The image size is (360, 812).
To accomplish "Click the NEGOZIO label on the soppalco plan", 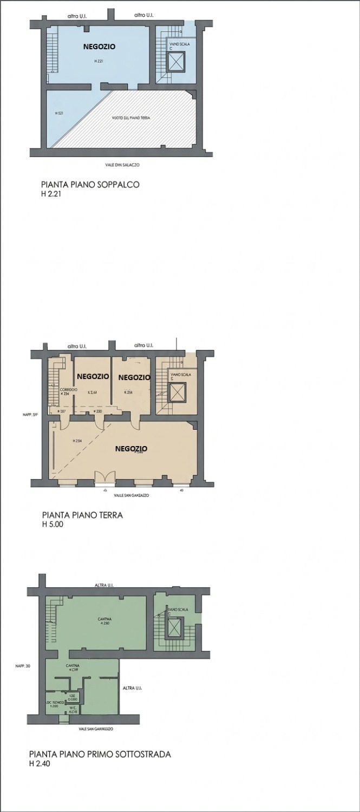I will (x=99, y=47).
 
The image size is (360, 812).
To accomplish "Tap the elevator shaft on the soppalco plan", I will (x=176, y=62).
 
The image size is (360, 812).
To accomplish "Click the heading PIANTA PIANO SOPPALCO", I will (x=90, y=185).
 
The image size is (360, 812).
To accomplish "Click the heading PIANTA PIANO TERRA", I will (x=82, y=515).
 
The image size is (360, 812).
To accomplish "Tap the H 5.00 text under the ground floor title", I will (x=53, y=524).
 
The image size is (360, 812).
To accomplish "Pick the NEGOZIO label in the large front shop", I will (x=132, y=449).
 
